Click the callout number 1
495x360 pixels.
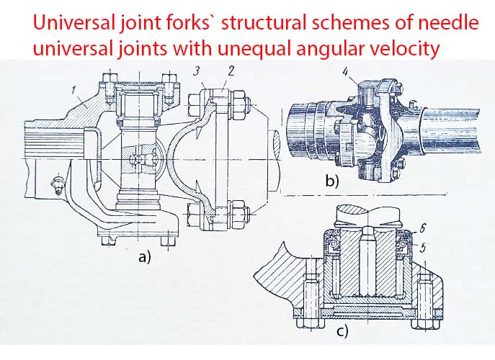(73, 90)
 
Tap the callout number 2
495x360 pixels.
(231, 71)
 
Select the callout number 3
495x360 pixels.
(197, 71)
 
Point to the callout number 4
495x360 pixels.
(346, 72)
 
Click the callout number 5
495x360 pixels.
(423, 248)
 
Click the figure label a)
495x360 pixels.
(145, 257)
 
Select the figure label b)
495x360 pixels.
(332, 181)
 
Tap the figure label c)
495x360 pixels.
(342, 331)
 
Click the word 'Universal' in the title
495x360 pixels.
(74, 23)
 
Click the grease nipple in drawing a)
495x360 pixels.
(57, 186)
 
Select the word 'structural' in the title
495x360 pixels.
(264, 23)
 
